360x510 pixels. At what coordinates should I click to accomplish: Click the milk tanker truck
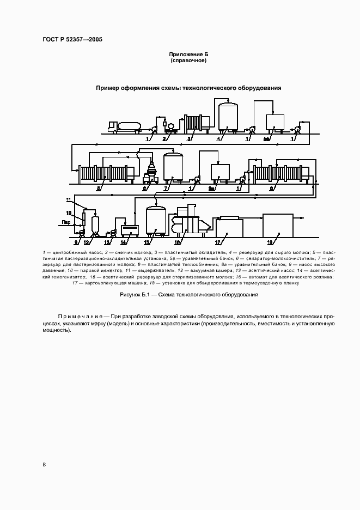point(125,126)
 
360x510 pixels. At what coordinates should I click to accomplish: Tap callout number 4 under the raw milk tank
point(218,139)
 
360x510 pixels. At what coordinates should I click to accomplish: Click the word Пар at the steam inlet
point(66,222)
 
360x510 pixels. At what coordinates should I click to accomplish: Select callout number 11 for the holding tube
point(69,200)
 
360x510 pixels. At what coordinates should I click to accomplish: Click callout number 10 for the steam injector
point(69,212)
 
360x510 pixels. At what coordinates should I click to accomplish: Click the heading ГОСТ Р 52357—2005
point(72,40)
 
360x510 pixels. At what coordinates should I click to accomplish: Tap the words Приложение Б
point(188,54)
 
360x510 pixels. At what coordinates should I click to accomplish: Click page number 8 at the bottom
point(44,464)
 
